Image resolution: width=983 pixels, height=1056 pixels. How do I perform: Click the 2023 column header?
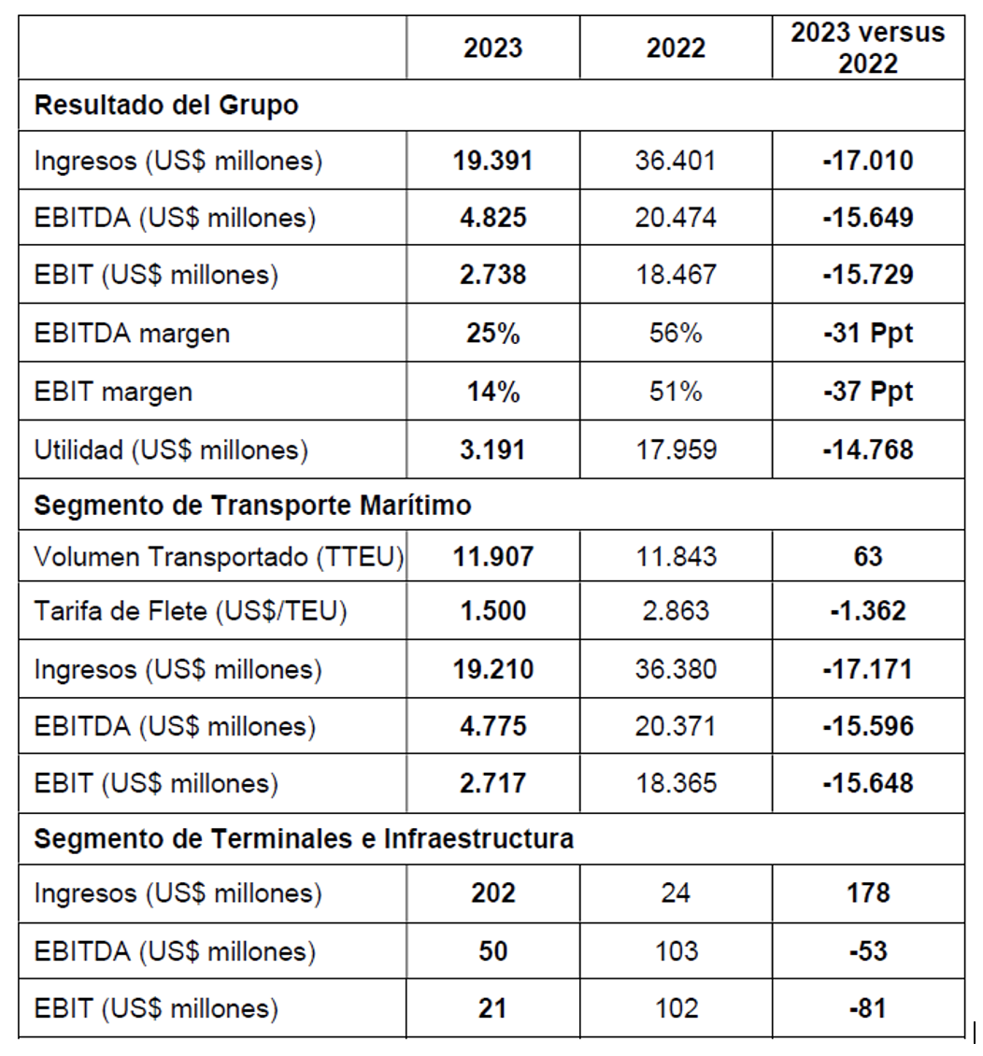492,49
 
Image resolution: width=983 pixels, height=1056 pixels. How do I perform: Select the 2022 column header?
676,49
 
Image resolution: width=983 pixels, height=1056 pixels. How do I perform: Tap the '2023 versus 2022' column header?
868,48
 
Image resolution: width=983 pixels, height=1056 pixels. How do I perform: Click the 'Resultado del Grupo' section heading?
166,105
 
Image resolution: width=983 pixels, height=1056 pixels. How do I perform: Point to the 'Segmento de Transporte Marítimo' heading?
252,506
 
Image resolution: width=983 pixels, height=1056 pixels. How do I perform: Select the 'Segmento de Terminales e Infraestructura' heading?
304,838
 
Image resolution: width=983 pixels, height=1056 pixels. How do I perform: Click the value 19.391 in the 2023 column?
492,161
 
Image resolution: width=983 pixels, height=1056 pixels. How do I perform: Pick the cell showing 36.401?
676,161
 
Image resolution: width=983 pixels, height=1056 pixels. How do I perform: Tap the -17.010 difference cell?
868,161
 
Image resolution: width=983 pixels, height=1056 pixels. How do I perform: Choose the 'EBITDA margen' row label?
132,334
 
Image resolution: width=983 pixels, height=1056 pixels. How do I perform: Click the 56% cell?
676,334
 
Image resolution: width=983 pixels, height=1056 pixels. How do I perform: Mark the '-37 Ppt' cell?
868,392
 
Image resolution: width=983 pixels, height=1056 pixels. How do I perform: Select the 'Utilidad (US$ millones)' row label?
171,450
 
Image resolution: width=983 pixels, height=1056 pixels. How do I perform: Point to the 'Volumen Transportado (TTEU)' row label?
219,557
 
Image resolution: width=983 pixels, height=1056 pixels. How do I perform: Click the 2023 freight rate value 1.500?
492,611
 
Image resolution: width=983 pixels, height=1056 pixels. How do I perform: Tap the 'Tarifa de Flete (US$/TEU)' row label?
191,611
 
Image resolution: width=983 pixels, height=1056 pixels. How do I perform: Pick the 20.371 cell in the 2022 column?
676,726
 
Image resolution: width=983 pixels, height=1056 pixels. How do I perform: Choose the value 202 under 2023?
492,893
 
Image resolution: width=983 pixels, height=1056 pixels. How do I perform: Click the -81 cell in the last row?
868,1008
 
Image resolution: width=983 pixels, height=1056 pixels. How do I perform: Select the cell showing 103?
676,951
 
